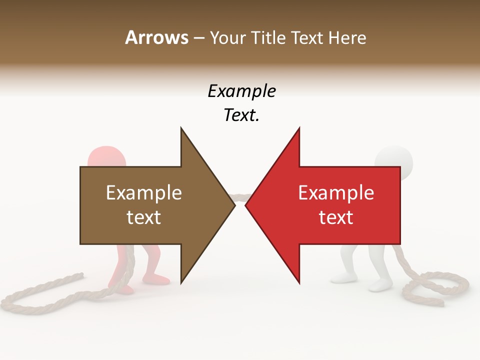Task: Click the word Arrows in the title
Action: tap(156, 37)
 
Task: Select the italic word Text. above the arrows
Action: tap(241, 115)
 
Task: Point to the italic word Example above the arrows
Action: tap(241, 91)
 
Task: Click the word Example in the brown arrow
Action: tap(144, 193)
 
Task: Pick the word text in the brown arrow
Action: tap(144, 217)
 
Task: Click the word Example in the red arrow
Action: tap(336, 193)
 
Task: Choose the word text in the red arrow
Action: tap(336, 217)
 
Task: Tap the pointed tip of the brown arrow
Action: tap(234, 205)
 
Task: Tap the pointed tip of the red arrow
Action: tap(246, 205)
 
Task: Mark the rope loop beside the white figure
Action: tap(440, 287)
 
